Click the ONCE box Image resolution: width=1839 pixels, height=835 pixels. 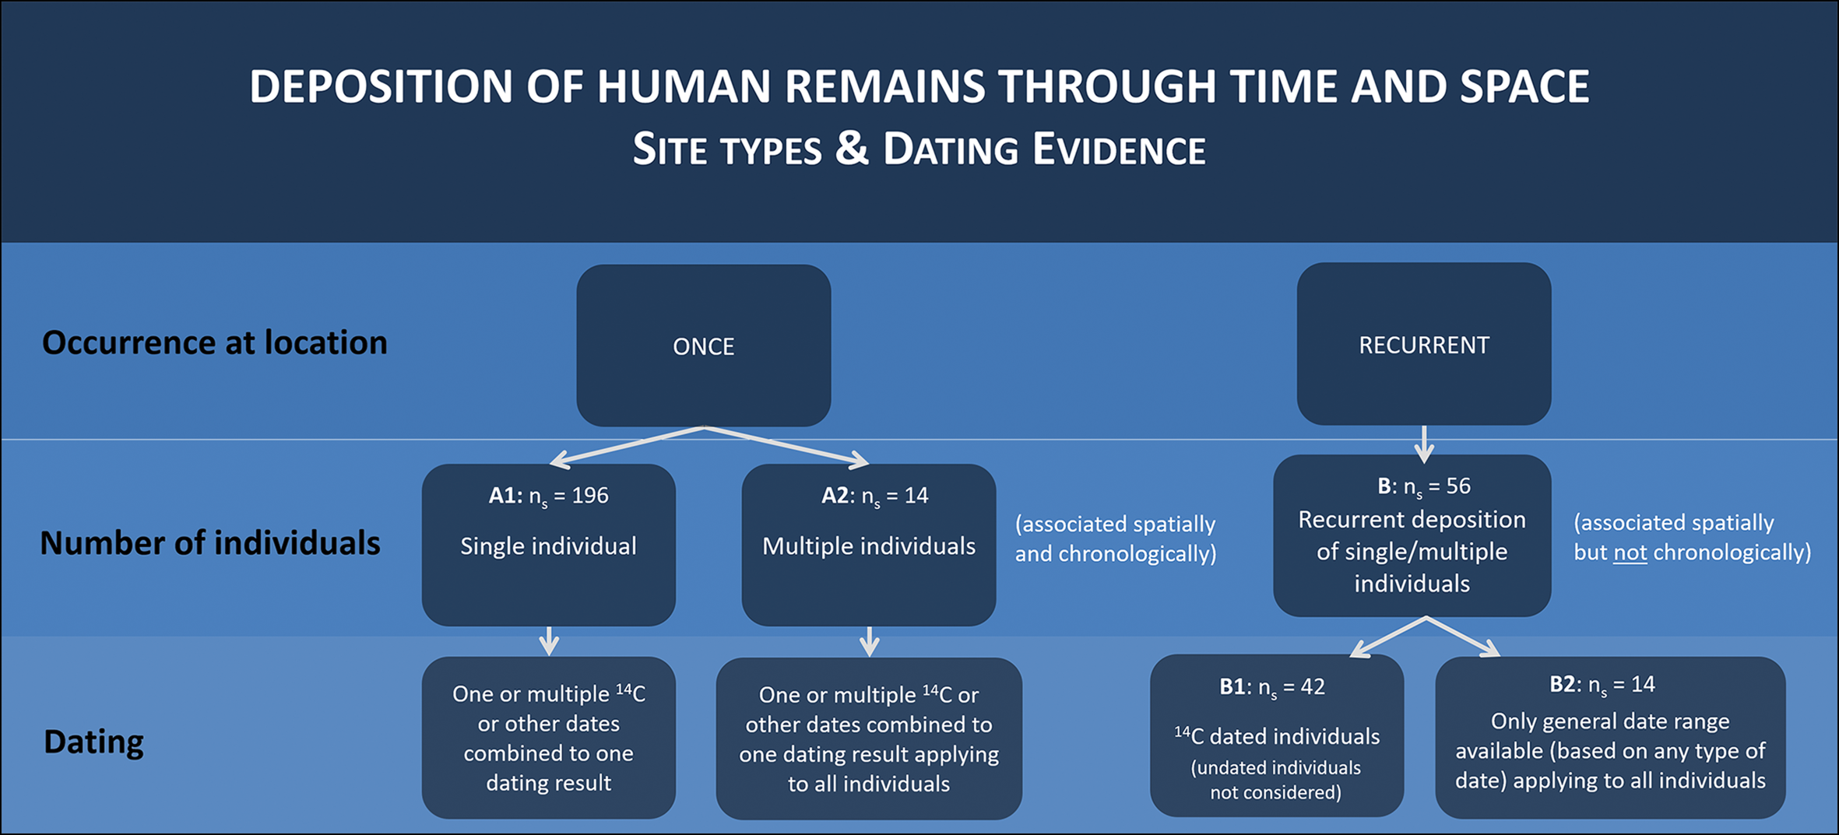(x=703, y=346)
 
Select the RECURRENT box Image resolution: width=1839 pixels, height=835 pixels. (x=1423, y=344)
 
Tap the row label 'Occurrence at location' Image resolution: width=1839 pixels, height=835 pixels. (x=214, y=342)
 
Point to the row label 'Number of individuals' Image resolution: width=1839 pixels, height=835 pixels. (x=210, y=543)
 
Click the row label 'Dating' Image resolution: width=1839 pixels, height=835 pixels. (x=93, y=742)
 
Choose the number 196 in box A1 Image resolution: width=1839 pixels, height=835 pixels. (x=589, y=496)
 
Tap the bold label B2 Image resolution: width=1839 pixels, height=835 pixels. (x=1563, y=685)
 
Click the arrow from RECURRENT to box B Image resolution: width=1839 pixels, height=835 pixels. (x=1424, y=444)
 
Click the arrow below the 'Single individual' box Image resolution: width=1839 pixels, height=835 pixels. (x=549, y=640)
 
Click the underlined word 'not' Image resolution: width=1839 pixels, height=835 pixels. (x=1630, y=553)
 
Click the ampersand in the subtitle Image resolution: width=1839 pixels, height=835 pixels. (x=852, y=148)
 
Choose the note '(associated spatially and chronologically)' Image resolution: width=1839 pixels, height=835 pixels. (x=1115, y=539)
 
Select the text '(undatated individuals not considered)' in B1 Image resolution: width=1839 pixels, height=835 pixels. (x=1275, y=780)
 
